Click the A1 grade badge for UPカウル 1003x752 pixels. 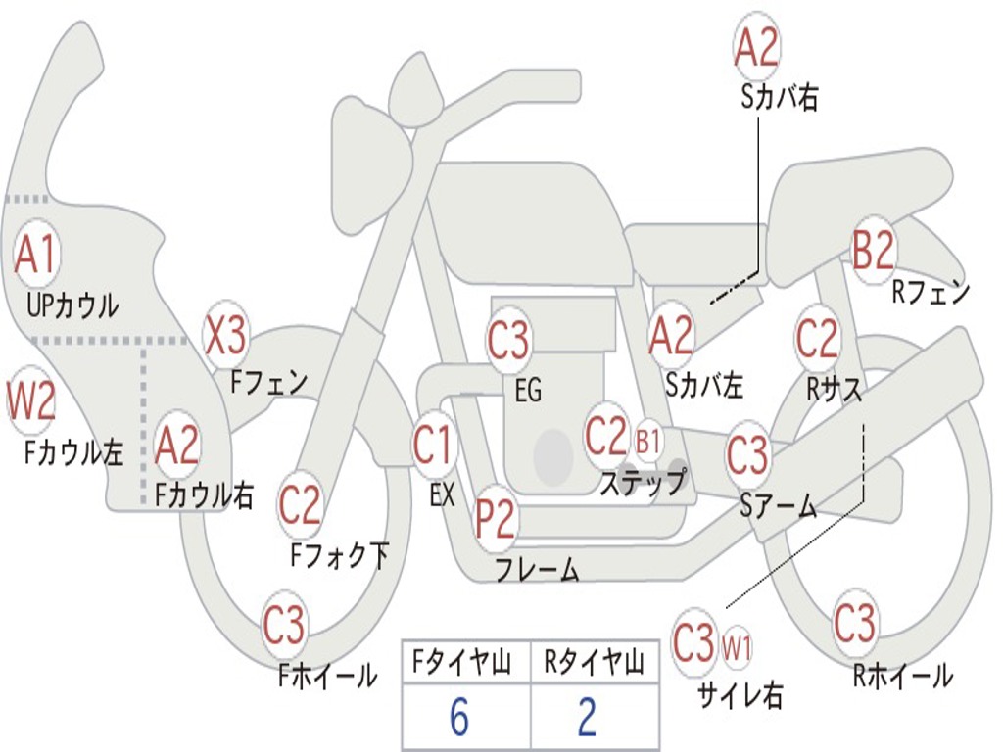point(37,256)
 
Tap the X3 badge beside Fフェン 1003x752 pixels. point(225,336)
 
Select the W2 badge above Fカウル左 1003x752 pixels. point(31,399)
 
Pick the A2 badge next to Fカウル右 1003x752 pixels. point(177,446)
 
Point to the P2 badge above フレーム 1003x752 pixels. point(496,519)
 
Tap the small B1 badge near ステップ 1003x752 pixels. point(648,441)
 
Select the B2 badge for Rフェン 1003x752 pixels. point(873,251)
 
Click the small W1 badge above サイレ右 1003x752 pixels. point(737,646)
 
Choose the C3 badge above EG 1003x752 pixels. point(508,342)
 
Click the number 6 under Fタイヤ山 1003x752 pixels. point(459,718)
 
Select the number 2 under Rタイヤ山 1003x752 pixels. point(587,718)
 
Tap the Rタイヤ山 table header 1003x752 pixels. point(594,664)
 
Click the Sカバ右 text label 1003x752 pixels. point(779,98)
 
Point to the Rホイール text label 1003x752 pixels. point(902,675)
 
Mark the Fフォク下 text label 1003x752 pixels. point(340,556)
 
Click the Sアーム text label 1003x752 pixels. point(779,505)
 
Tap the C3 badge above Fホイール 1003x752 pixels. point(284,626)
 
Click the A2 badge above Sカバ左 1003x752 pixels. point(671,336)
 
